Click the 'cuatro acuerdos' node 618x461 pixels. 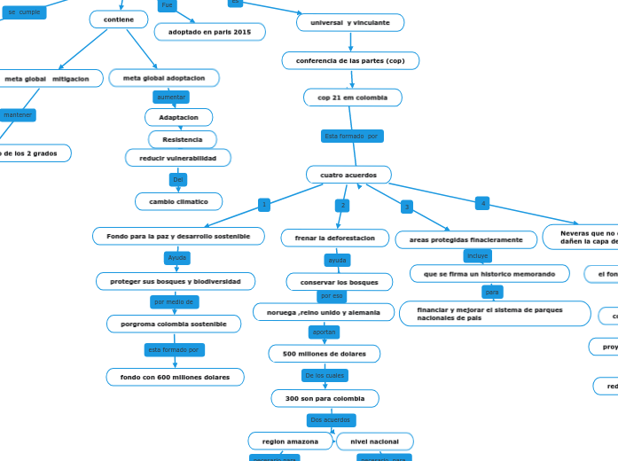point(348,175)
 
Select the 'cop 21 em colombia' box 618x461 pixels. point(352,98)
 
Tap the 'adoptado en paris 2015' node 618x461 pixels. point(209,32)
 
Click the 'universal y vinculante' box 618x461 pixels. point(350,22)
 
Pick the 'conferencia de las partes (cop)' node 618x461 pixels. point(350,60)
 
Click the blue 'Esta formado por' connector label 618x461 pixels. point(352,136)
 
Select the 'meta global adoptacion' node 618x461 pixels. point(164,78)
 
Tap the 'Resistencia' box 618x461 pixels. point(182,139)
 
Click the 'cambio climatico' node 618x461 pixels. point(178,201)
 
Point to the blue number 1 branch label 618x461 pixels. point(264,205)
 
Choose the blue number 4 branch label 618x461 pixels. point(482,203)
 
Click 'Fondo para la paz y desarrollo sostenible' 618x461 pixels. point(178,236)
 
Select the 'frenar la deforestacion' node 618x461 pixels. point(335,238)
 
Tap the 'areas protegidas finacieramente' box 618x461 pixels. point(465,239)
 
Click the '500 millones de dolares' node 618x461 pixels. point(324,354)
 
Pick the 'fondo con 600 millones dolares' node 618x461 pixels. point(175,377)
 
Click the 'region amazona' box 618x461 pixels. point(290,441)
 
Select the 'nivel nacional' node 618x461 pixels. point(374,441)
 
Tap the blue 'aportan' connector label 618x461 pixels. point(324,332)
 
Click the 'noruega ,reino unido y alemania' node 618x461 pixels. point(324,312)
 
